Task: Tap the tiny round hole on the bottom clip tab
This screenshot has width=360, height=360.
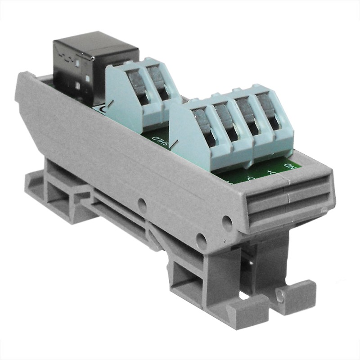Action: [280, 296]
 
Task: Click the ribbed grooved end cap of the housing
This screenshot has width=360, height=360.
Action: [288, 202]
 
